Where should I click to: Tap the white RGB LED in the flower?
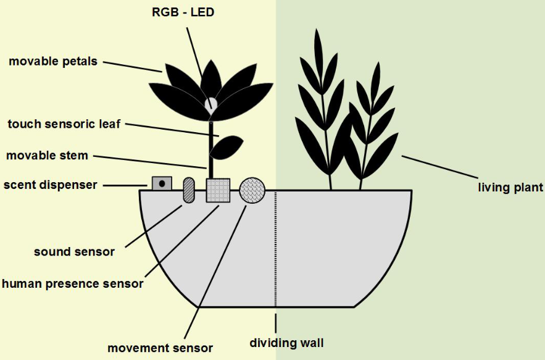coord(211,104)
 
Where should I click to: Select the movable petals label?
coord(53,61)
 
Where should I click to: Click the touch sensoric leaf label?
coord(64,123)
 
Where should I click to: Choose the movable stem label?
coord(47,155)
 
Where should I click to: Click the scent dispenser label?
coord(50,185)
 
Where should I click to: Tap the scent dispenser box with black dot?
coord(162,183)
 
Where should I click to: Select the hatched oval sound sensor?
coord(188,190)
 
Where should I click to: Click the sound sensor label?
coord(74,251)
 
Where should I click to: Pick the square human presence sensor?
coord(217,190)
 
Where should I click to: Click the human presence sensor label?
coord(72,283)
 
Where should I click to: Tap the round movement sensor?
coord(252,190)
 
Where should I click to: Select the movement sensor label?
coord(160,348)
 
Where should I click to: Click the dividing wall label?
coord(286,342)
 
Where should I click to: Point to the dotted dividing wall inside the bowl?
coord(275,247)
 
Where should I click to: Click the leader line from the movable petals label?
coord(132,66)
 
